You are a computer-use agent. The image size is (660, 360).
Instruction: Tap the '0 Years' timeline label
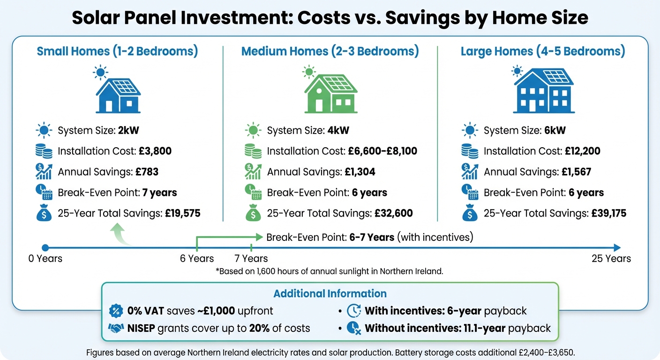[45, 259]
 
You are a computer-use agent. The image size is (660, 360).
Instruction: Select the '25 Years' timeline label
[611, 259]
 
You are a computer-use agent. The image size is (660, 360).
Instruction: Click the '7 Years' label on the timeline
[251, 259]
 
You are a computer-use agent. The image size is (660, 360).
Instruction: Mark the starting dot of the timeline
[45, 247]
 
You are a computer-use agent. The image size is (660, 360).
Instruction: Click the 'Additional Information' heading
[330, 293]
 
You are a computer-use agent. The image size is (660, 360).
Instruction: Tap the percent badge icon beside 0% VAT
[115, 311]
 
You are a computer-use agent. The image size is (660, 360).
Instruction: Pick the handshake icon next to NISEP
[115, 328]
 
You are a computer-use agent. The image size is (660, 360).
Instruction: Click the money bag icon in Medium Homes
[253, 214]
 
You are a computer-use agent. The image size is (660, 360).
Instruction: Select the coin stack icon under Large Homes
[469, 151]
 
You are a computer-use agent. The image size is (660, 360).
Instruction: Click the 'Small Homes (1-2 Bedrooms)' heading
[117, 51]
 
